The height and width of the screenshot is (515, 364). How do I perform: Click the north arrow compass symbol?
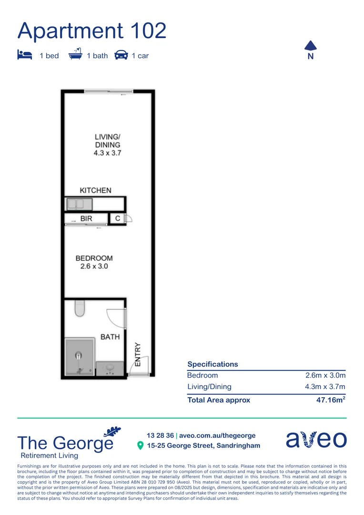pyautogui.click(x=310, y=46)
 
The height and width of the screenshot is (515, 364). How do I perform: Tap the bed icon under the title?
pyautogui.click(x=24, y=55)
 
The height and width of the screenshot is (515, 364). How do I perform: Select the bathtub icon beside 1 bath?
pyautogui.click(x=76, y=54)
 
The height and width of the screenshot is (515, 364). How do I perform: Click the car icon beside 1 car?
pyautogui.click(x=121, y=55)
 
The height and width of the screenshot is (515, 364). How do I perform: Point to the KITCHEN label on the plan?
pyautogui.click(x=95, y=190)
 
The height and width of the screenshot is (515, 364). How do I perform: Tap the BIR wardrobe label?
pyautogui.click(x=86, y=219)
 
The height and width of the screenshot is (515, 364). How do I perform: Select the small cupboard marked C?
pyautogui.click(x=117, y=219)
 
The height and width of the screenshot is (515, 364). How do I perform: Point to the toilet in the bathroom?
pyautogui.click(x=80, y=309)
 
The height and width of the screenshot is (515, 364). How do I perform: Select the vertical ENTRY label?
pyautogui.click(x=138, y=354)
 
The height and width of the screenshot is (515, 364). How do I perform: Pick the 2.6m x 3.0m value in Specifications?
pyautogui.click(x=325, y=375)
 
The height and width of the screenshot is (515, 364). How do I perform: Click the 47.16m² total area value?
pyautogui.click(x=330, y=400)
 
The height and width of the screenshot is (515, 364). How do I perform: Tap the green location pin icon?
pyautogui.click(x=140, y=445)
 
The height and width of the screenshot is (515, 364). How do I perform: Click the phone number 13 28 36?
pyautogui.click(x=160, y=435)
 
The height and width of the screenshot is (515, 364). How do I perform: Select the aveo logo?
pyautogui.click(x=316, y=439)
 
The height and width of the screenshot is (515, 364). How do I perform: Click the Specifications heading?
pyautogui.click(x=212, y=364)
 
